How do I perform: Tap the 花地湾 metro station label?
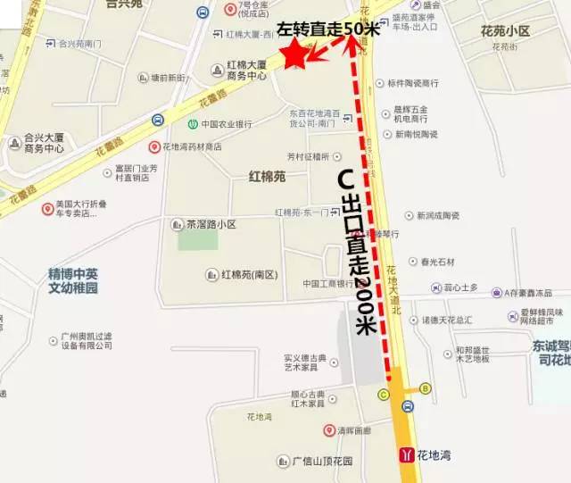point(434,455)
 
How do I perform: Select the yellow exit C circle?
point(384,394)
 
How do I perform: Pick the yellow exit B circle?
point(426,388)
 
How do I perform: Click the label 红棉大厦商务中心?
point(246,71)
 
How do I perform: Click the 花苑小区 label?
point(505,31)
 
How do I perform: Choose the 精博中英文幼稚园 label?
point(73,281)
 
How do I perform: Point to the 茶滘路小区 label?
point(211,224)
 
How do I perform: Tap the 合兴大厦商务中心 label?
point(45,144)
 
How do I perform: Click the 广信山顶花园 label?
point(322,462)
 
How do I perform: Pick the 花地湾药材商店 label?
point(191,146)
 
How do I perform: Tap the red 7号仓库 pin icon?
point(230,9)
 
